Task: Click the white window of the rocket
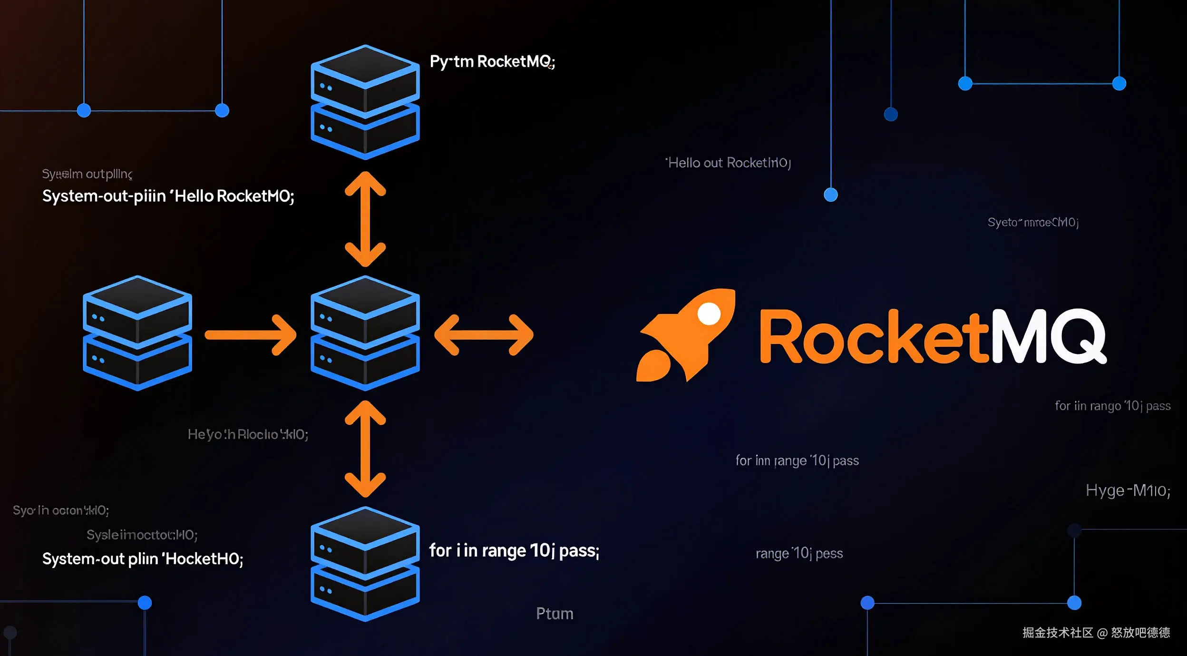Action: tap(709, 314)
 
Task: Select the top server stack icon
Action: tap(365, 102)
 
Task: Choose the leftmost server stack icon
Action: tap(137, 333)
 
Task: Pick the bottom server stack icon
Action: tap(365, 564)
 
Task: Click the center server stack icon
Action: tap(365, 333)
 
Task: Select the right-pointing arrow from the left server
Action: tap(251, 335)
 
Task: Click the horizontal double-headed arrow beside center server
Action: tap(484, 335)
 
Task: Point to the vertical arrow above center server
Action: tap(365, 219)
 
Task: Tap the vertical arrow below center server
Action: tap(365, 449)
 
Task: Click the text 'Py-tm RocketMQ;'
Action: tap(492, 62)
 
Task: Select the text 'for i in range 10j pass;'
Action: tap(514, 551)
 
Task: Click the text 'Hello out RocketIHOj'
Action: tap(728, 163)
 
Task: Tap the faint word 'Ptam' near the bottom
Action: tap(555, 614)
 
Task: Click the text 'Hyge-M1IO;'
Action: tap(1128, 490)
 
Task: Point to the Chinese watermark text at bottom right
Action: tap(1096, 633)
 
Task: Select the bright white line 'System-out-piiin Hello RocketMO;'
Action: tap(168, 196)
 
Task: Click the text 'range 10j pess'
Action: tap(799, 554)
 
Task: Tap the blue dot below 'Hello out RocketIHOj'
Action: tap(830, 195)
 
